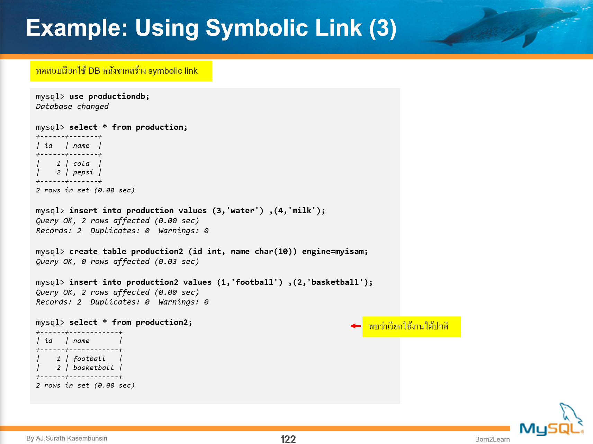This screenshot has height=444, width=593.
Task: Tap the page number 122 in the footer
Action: (288, 439)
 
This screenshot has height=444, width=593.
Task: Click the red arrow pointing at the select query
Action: (356, 326)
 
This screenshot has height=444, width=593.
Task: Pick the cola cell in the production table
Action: (81, 164)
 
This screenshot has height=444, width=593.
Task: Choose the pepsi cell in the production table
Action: (83, 172)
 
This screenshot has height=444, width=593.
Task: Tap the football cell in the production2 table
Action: (89, 359)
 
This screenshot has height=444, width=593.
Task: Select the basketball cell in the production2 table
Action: (93, 368)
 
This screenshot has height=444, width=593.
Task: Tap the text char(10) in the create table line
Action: (276, 252)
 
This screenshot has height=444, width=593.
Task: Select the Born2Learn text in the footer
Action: (492, 439)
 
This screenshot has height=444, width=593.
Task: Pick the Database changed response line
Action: (72, 107)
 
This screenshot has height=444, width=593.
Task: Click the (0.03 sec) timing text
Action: (177, 262)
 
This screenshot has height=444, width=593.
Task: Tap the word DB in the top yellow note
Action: (94, 71)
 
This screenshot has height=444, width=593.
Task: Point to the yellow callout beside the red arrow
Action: (411, 326)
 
